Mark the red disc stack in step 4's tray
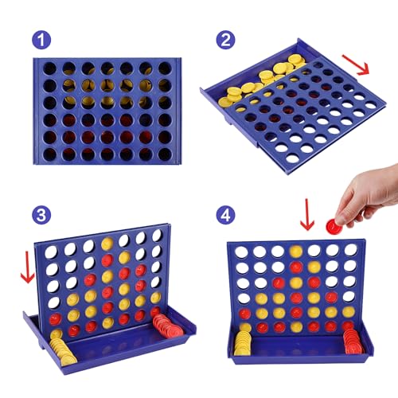[x=351, y=341]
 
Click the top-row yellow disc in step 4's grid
[x=296, y=252]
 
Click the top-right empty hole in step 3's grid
[x=157, y=236]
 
